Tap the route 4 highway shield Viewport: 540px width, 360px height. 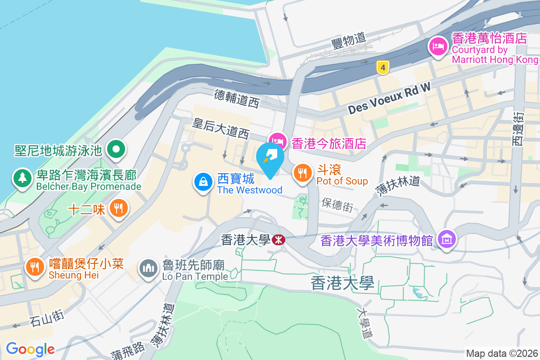point(382,68)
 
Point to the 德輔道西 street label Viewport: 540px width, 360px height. point(237,99)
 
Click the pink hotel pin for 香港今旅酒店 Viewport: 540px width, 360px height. point(278,141)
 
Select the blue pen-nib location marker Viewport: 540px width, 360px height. point(270,159)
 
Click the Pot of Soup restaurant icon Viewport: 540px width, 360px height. point(303,172)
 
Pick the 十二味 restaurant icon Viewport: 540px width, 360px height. point(118,208)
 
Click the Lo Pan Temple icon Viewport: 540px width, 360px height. point(148,268)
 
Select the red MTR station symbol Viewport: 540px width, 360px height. point(279,240)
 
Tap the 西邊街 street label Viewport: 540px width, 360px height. point(518,128)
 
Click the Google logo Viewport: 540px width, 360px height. point(30,349)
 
